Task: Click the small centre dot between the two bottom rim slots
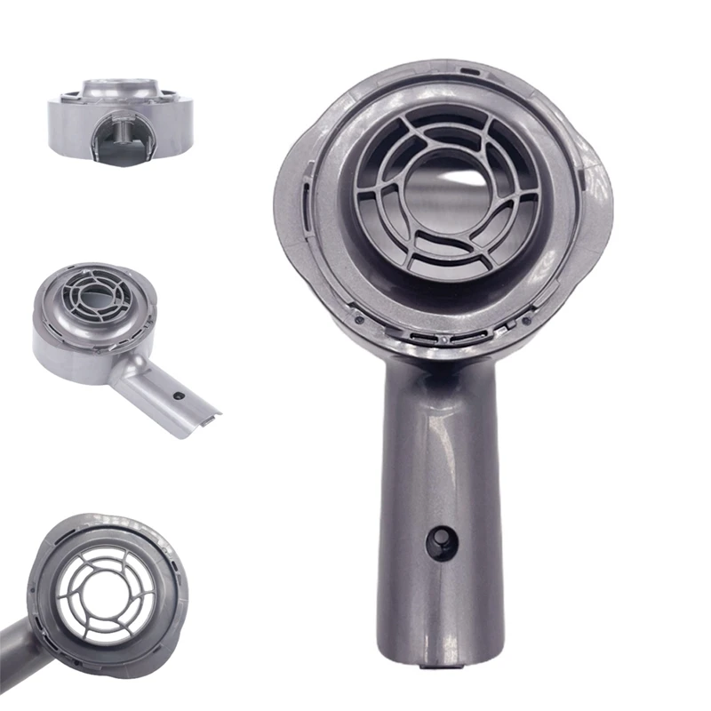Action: tap(441, 339)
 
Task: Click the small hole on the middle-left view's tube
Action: tap(180, 392)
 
